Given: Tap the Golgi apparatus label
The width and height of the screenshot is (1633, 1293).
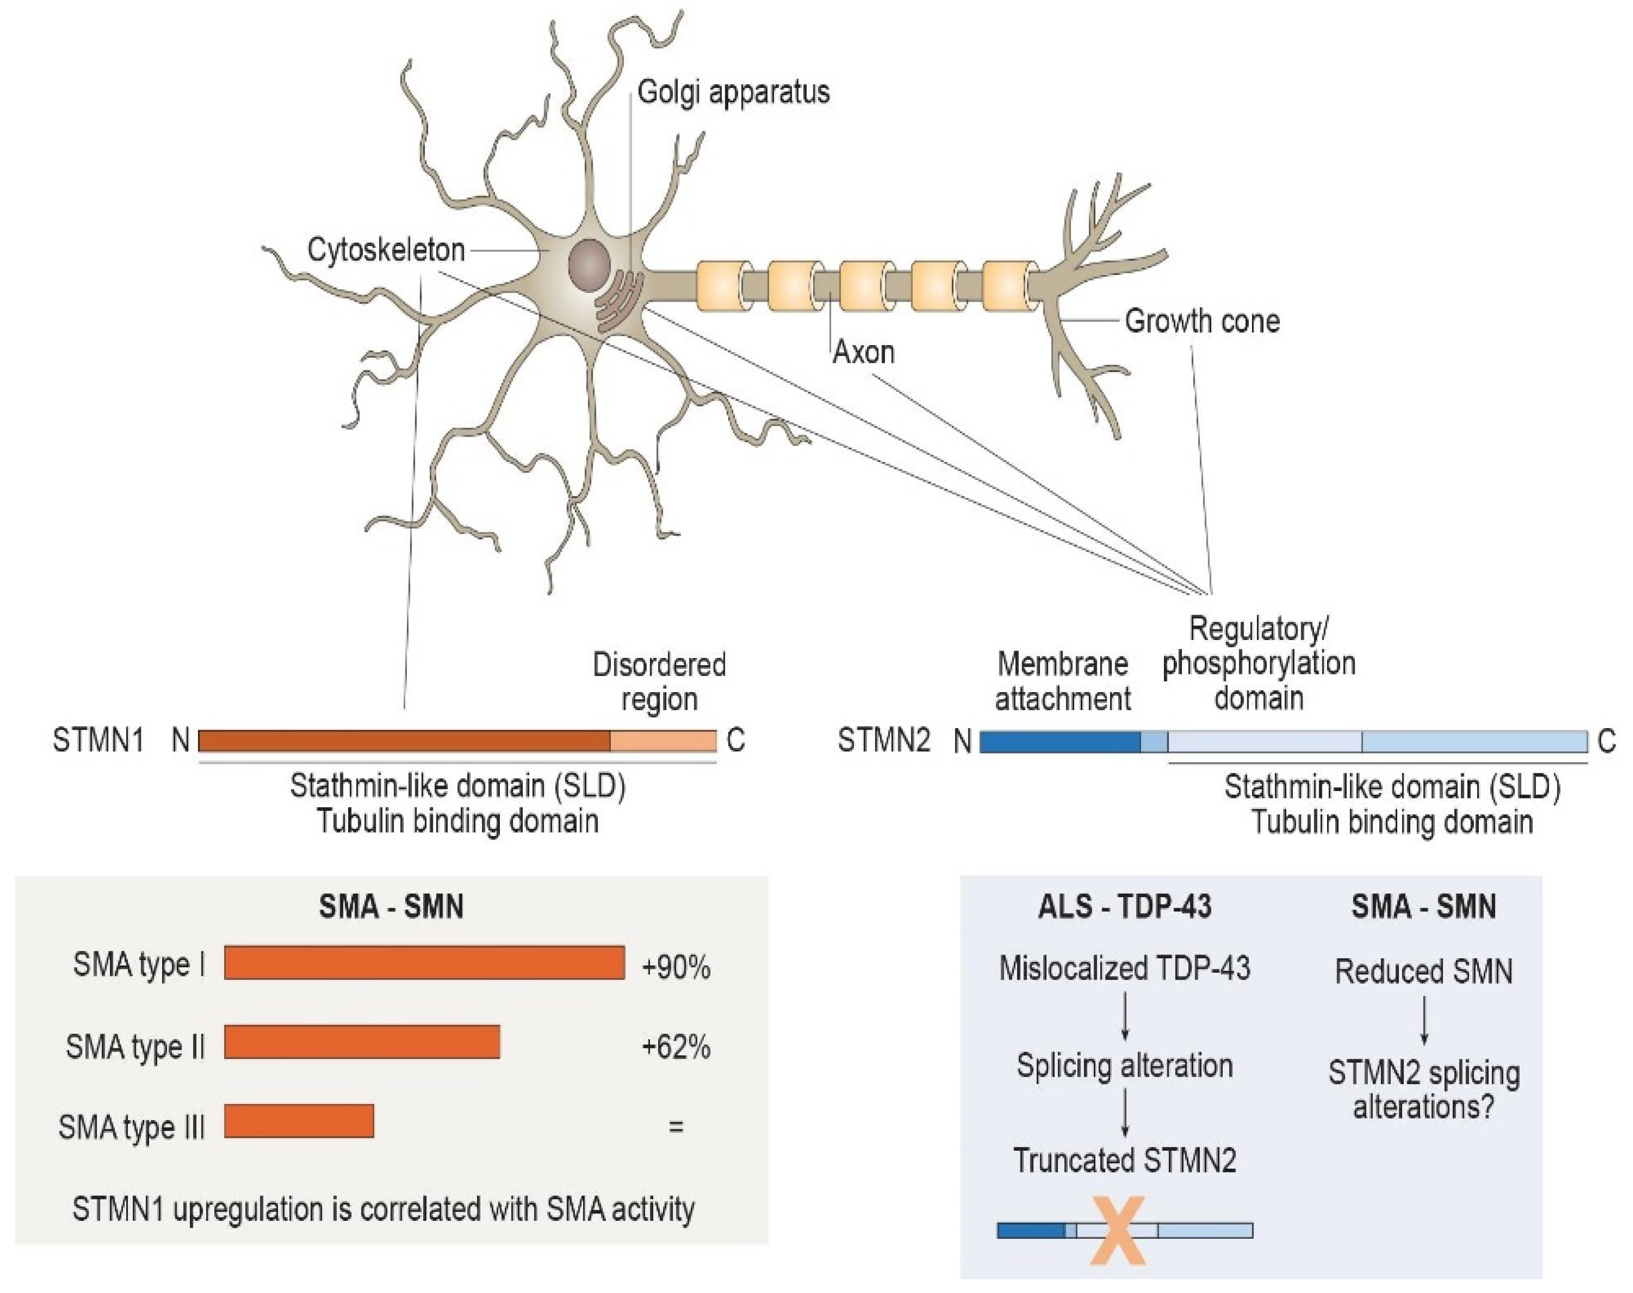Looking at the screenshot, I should (733, 92).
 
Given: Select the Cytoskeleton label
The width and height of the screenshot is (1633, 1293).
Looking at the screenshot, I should (385, 250).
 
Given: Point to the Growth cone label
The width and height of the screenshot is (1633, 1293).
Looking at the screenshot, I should (1201, 321).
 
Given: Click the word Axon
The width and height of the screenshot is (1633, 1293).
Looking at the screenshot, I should (863, 352).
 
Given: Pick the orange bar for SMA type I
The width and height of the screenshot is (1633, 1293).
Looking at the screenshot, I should (424, 962).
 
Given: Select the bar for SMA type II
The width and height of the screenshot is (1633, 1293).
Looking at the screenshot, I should (362, 1042).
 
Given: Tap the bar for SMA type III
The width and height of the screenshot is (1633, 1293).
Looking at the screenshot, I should (299, 1121).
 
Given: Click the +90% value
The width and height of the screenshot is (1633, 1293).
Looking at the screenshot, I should (675, 967).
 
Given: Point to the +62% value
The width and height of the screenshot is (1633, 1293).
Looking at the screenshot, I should (675, 1048).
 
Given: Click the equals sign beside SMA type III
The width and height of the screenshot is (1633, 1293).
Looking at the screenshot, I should (675, 1126).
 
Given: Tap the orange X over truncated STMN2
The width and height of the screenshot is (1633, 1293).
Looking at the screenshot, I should (1118, 1230).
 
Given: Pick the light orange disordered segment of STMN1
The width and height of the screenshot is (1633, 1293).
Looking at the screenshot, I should (663, 740).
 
